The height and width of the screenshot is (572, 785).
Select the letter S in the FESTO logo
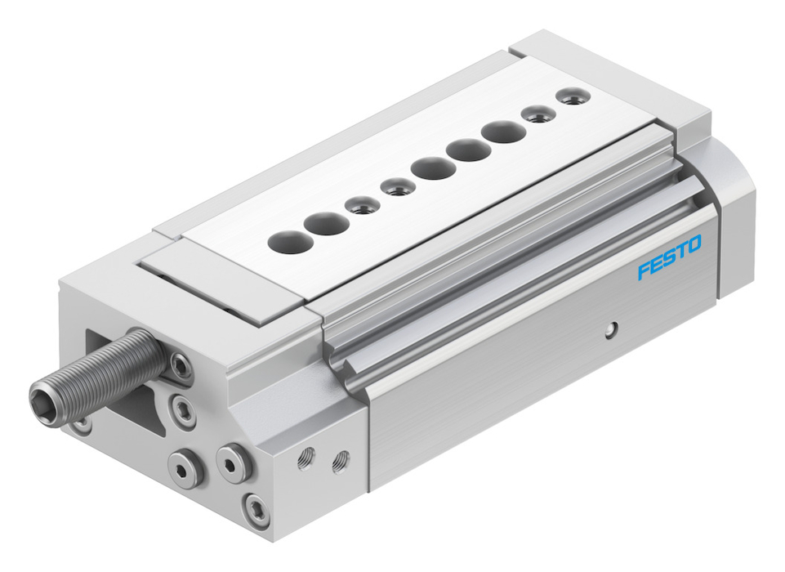click(668, 258)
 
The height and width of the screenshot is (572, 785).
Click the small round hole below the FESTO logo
click(609, 329)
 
